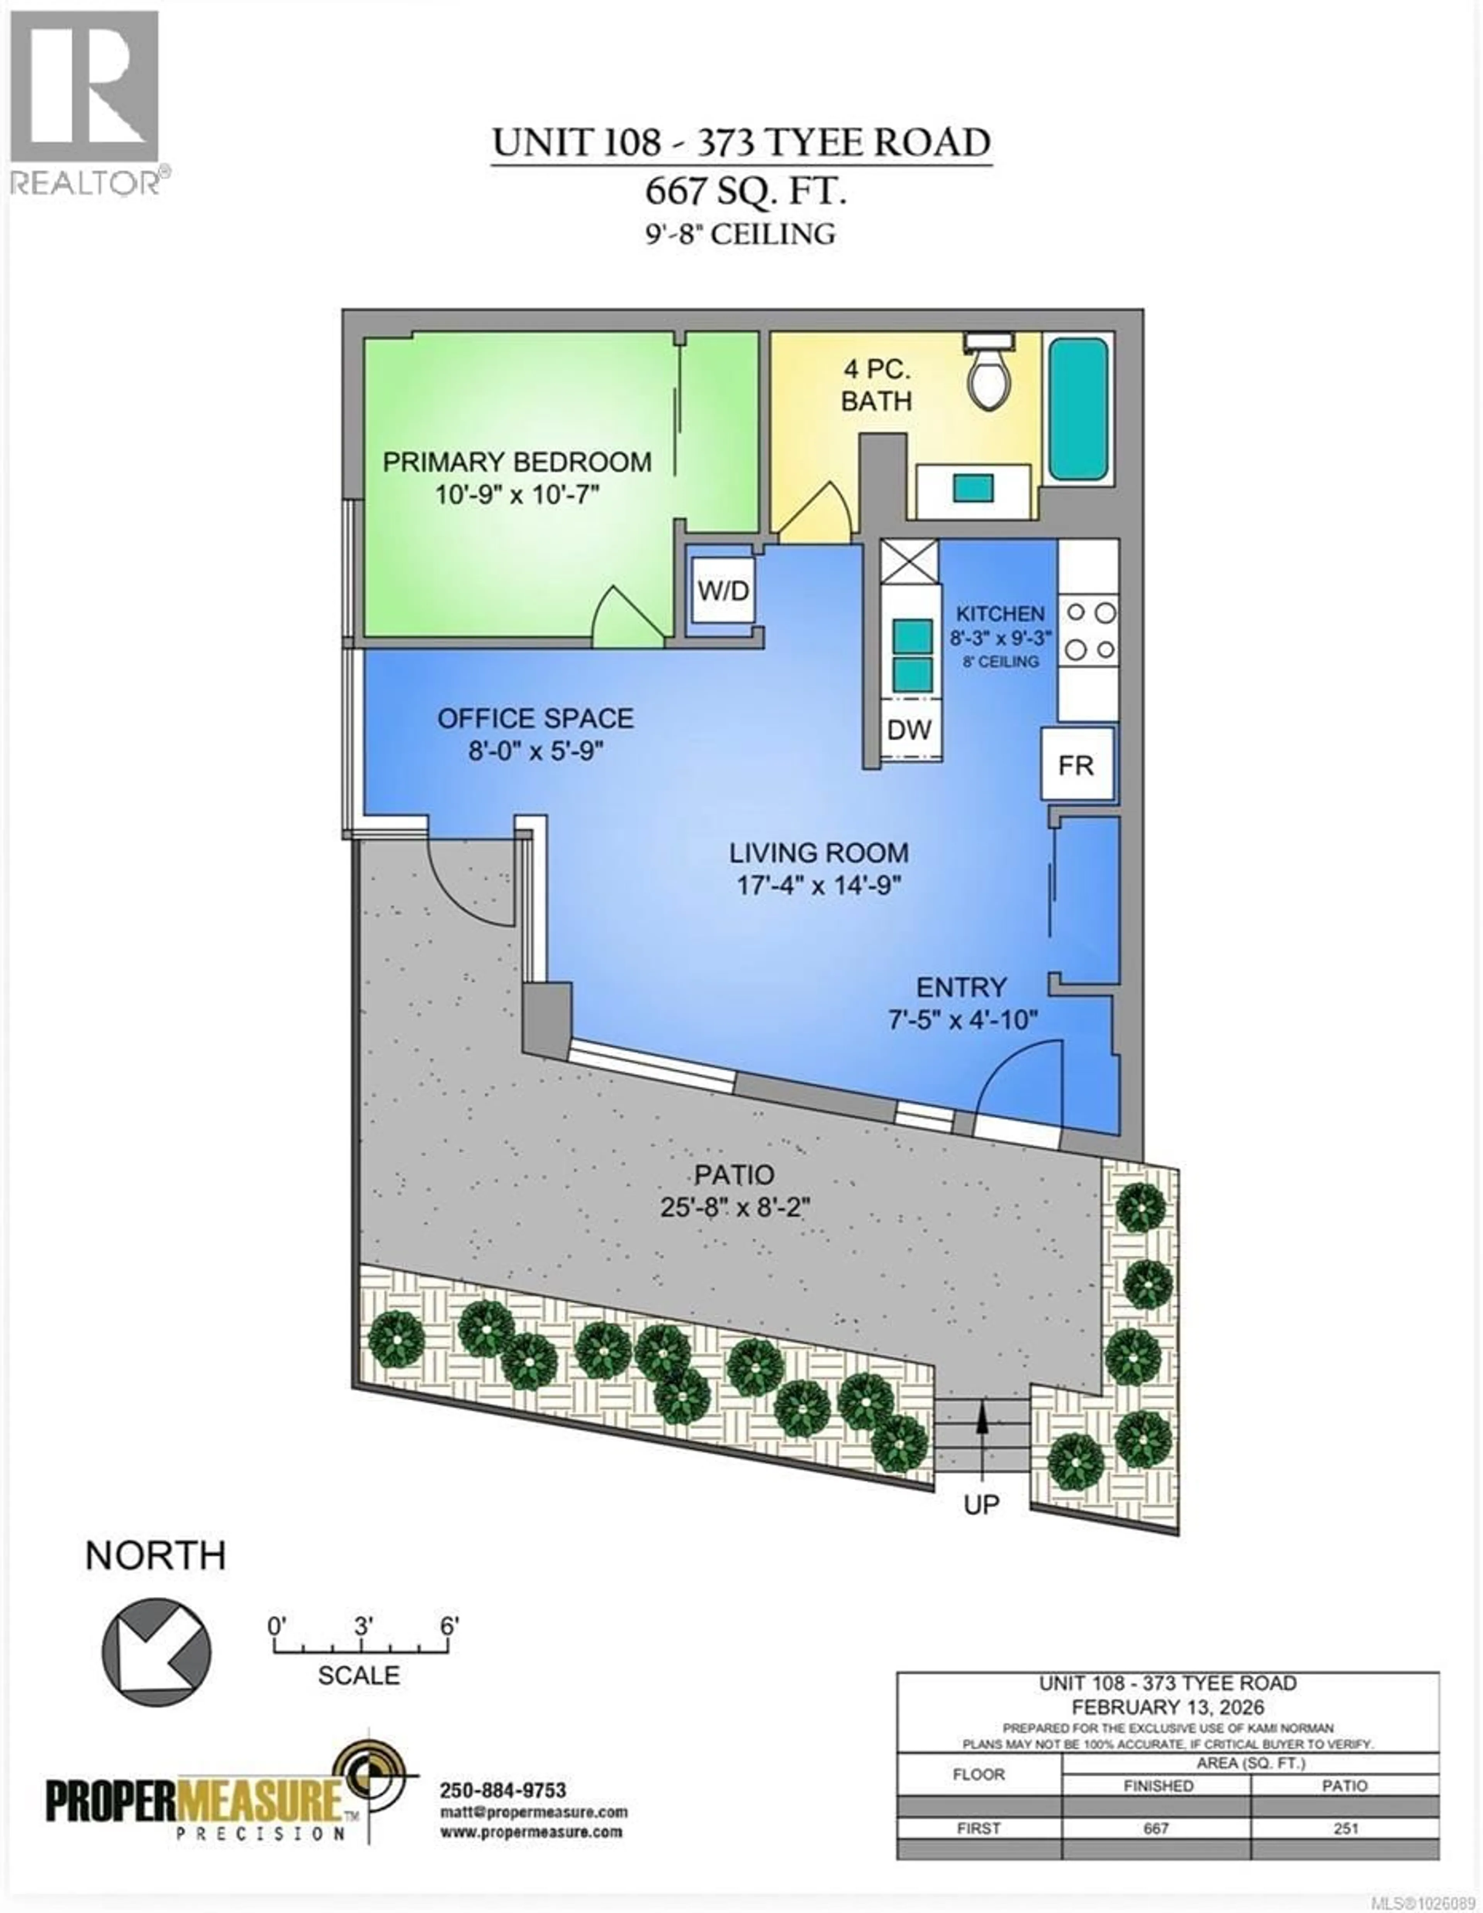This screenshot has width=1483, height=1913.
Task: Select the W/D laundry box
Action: click(x=723, y=591)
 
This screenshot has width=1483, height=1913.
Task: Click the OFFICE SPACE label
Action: click(x=535, y=718)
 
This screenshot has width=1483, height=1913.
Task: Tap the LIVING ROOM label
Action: click(x=819, y=852)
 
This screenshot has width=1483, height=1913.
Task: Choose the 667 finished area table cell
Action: click(x=1156, y=1828)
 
